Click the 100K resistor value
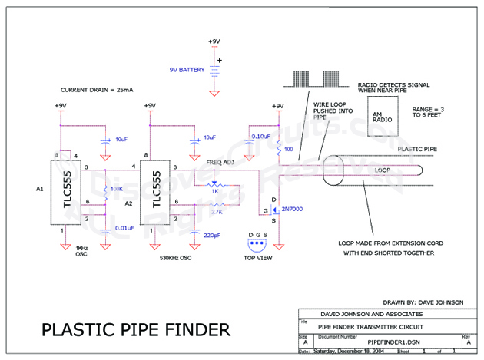(x=118, y=188)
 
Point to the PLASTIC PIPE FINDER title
(x=135, y=329)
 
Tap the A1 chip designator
(x=40, y=187)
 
